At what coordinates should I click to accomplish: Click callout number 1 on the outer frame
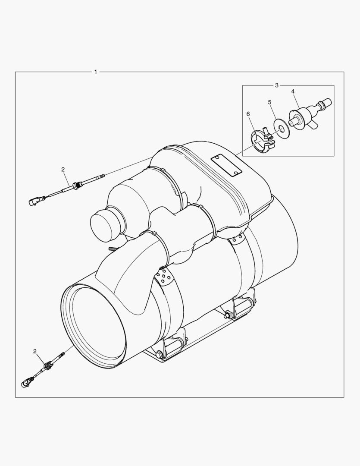pyautogui.click(x=95, y=72)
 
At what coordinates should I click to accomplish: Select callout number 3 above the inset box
pyautogui.click(x=277, y=85)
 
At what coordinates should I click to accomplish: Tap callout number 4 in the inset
pyautogui.click(x=293, y=91)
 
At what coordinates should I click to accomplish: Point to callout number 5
pyautogui.click(x=269, y=102)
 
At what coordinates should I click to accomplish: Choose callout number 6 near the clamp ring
pyautogui.click(x=248, y=113)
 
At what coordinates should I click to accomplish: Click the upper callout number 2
pyautogui.click(x=63, y=169)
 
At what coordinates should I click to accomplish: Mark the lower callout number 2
pyautogui.click(x=35, y=351)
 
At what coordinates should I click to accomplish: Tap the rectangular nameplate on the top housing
pyautogui.click(x=226, y=166)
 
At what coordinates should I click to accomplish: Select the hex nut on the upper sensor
pyautogui.click(x=77, y=186)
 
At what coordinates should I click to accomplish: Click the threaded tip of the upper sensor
pyautogui.click(x=102, y=176)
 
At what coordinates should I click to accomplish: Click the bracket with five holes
pyautogui.click(x=164, y=278)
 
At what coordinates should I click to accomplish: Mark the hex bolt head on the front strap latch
pyautogui.click(x=159, y=355)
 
